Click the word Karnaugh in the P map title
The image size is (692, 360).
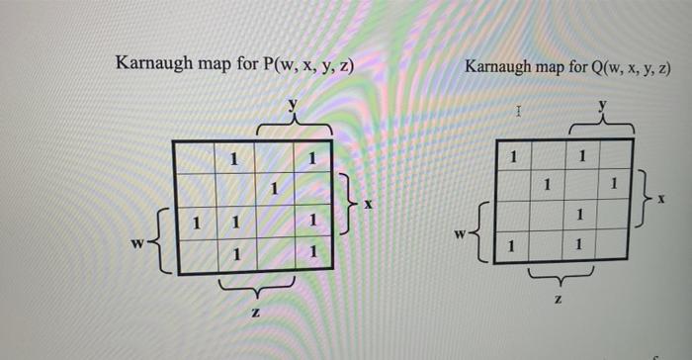(x=155, y=65)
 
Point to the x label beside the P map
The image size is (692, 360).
(x=369, y=205)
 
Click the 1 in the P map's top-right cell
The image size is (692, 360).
(x=311, y=157)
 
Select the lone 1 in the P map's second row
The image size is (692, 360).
(x=274, y=188)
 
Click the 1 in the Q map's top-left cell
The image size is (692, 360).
(x=512, y=156)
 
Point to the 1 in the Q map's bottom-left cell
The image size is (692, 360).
(x=511, y=242)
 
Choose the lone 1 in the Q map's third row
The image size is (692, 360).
(x=581, y=214)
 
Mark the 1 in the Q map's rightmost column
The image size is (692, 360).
(x=614, y=184)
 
